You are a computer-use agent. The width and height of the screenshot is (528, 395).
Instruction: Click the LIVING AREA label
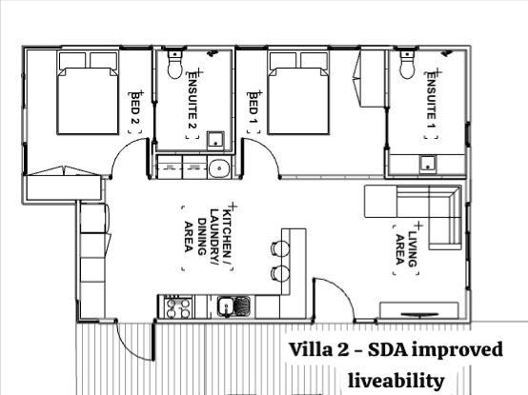pyautogui.click(x=407, y=248)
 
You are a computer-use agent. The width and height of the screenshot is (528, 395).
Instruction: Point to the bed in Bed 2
pyautogui.click(x=88, y=92)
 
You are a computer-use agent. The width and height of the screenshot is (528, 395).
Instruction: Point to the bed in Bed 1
pyautogui.click(x=298, y=92)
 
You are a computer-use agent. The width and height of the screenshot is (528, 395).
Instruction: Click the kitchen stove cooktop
pyautogui.click(x=179, y=308)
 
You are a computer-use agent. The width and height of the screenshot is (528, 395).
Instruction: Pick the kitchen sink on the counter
pyautogui.click(x=234, y=306)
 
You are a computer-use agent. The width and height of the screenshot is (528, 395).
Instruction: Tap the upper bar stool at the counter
pyautogui.click(x=279, y=248)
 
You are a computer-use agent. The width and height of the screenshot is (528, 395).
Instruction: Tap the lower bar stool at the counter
pyautogui.click(x=279, y=273)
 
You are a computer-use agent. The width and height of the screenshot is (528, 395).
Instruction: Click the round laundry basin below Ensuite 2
pyautogui.click(x=219, y=168)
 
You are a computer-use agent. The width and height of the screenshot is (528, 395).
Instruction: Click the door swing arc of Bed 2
pyautogui.click(x=122, y=149)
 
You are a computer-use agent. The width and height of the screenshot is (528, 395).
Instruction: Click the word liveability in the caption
pyautogui.click(x=396, y=382)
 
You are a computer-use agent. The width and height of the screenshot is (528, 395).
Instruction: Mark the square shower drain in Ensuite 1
pyautogui.click(x=428, y=164)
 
